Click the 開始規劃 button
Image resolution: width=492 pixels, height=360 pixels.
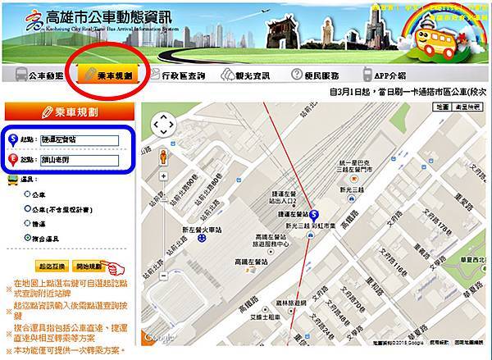click(89, 267)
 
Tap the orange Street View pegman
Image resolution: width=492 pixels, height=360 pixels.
click(164, 157)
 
